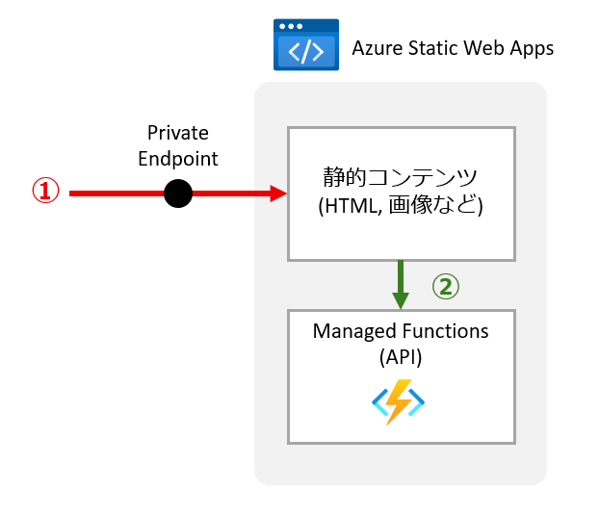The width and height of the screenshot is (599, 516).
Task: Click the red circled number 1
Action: coord(46,192)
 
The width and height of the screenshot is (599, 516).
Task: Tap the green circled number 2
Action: coord(445,285)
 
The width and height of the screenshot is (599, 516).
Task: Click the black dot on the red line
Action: coord(178,193)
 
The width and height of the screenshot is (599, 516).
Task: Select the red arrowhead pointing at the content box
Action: coord(279,193)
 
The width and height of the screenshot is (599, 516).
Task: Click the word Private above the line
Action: coord(178,133)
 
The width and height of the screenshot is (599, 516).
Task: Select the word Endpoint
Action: coord(178,158)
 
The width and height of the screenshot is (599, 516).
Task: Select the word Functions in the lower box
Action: coord(443,331)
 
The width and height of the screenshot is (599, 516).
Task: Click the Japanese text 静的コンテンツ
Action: coord(401,178)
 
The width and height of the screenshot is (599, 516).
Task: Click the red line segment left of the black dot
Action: coord(116,193)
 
